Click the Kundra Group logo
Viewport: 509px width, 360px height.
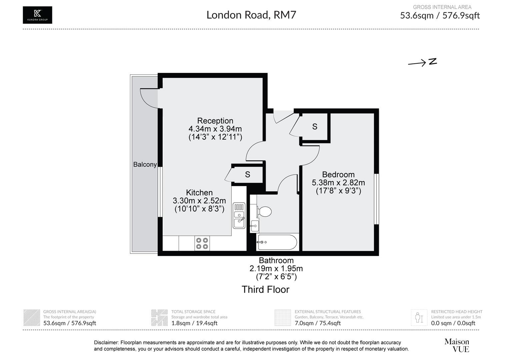(37, 15)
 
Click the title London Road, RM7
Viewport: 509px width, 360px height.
(251, 15)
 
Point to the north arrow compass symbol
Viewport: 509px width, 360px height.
(422, 62)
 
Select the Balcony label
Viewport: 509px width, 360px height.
(145, 164)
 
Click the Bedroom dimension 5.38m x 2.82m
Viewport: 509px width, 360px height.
(338, 183)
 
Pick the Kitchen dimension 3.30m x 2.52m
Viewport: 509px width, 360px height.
(199, 201)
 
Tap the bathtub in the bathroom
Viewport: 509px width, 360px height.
(277, 242)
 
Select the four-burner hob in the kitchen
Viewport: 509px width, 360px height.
(202, 243)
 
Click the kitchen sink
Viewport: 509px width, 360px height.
(239, 215)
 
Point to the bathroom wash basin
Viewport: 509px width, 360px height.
(254, 226)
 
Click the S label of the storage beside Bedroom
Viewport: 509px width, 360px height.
(314, 127)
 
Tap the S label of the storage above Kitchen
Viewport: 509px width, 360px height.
(247, 174)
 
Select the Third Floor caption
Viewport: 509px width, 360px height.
(265, 289)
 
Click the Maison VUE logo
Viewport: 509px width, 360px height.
(457, 345)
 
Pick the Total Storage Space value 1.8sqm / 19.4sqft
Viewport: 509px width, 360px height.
(194, 323)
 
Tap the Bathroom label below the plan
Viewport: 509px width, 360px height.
(276, 260)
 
